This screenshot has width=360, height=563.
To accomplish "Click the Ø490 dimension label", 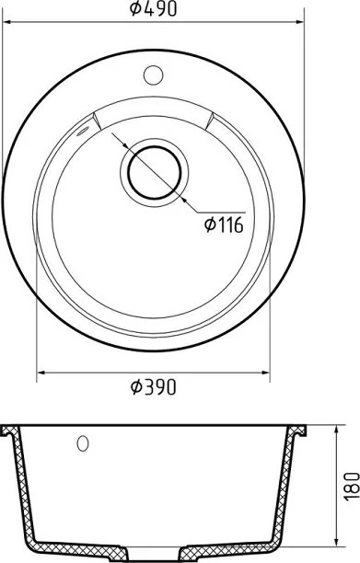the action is (x=154, y=9).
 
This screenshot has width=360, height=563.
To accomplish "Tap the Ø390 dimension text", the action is (x=154, y=387).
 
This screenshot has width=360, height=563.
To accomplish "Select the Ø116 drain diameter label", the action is (x=224, y=225).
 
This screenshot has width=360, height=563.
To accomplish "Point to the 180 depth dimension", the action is (x=352, y=486).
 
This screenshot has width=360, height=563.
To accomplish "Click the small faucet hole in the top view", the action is (x=154, y=75).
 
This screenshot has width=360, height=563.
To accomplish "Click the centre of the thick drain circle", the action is (x=155, y=173).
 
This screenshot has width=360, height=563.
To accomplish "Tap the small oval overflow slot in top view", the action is (x=82, y=132).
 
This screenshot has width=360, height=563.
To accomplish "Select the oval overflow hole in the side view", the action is (x=83, y=443).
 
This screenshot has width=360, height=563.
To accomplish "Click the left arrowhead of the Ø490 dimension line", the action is (x=7, y=22).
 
